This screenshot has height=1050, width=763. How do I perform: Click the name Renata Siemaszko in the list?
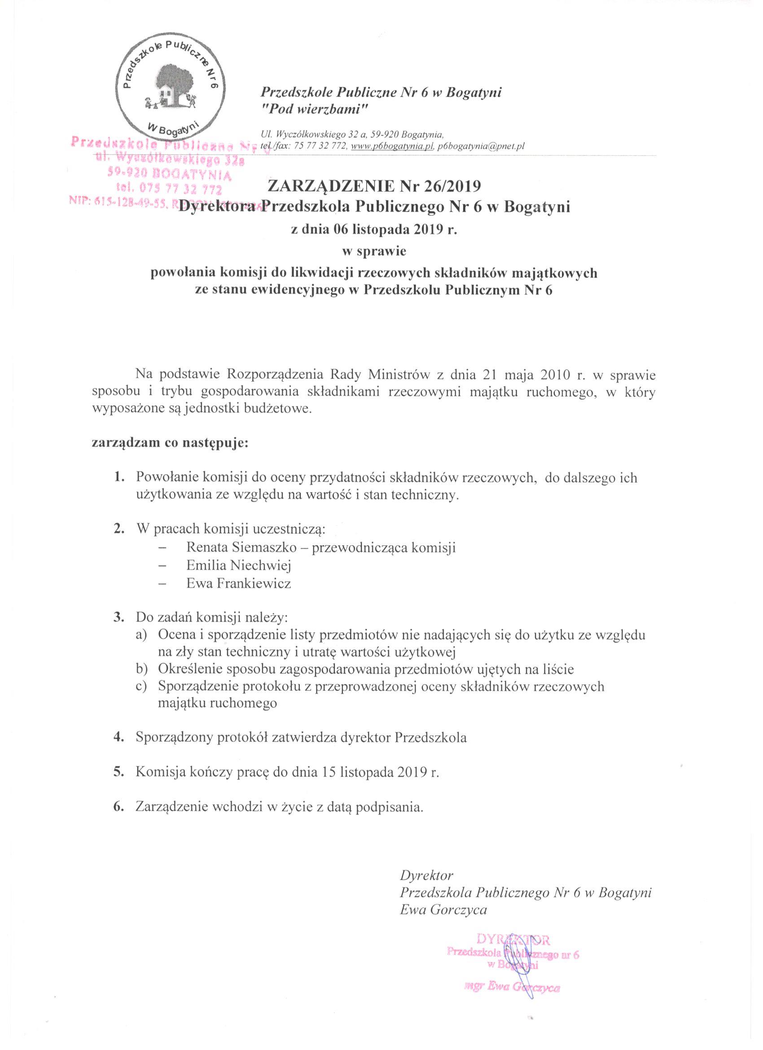[241, 548]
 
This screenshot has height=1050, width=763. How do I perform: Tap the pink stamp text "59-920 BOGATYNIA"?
[169, 175]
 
